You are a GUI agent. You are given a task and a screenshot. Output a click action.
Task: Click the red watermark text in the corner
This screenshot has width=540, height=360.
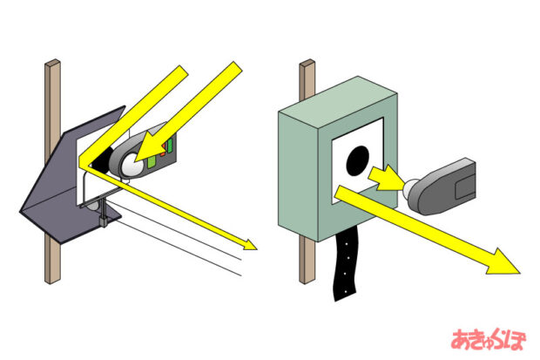(489, 340)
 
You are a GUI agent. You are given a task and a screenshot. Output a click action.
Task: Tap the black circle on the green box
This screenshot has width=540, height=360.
(357, 160)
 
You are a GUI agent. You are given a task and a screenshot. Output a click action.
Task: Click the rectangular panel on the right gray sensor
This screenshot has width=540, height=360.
(464, 187)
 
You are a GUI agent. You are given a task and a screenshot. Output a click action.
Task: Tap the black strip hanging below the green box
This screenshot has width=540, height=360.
(346, 265)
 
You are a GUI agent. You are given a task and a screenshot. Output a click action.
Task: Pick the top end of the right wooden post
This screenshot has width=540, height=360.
(307, 63)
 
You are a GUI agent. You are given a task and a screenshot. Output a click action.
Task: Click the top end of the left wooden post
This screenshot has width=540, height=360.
(52, 63)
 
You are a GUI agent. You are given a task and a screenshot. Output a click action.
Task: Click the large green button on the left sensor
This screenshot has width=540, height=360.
(152, 161)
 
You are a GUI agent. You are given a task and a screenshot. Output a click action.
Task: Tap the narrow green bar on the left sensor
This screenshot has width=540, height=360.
(170, 146)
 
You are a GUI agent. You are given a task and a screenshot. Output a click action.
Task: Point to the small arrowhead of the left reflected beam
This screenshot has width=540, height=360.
(250, 245)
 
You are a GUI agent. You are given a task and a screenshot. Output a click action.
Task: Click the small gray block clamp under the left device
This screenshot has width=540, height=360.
(104, 221)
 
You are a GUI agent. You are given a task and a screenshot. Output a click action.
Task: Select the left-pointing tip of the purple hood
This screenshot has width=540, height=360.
(21, 211)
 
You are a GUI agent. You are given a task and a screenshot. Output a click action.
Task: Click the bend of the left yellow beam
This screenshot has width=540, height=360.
(81, 164)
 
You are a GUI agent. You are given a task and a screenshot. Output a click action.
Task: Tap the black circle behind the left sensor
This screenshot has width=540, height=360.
(102, 160)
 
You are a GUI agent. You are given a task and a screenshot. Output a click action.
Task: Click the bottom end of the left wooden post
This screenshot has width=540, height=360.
(53, 280)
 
